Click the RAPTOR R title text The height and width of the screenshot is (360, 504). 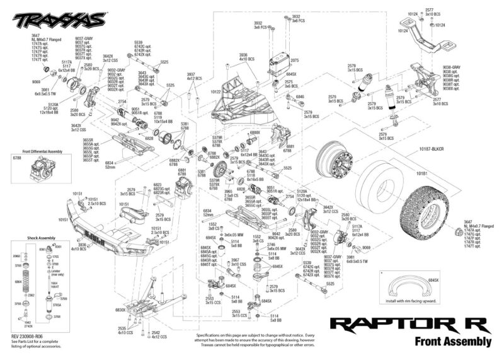click(409, 325)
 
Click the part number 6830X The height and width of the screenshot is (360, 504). click(122, 310)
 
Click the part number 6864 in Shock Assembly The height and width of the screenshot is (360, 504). click(18, 282)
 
